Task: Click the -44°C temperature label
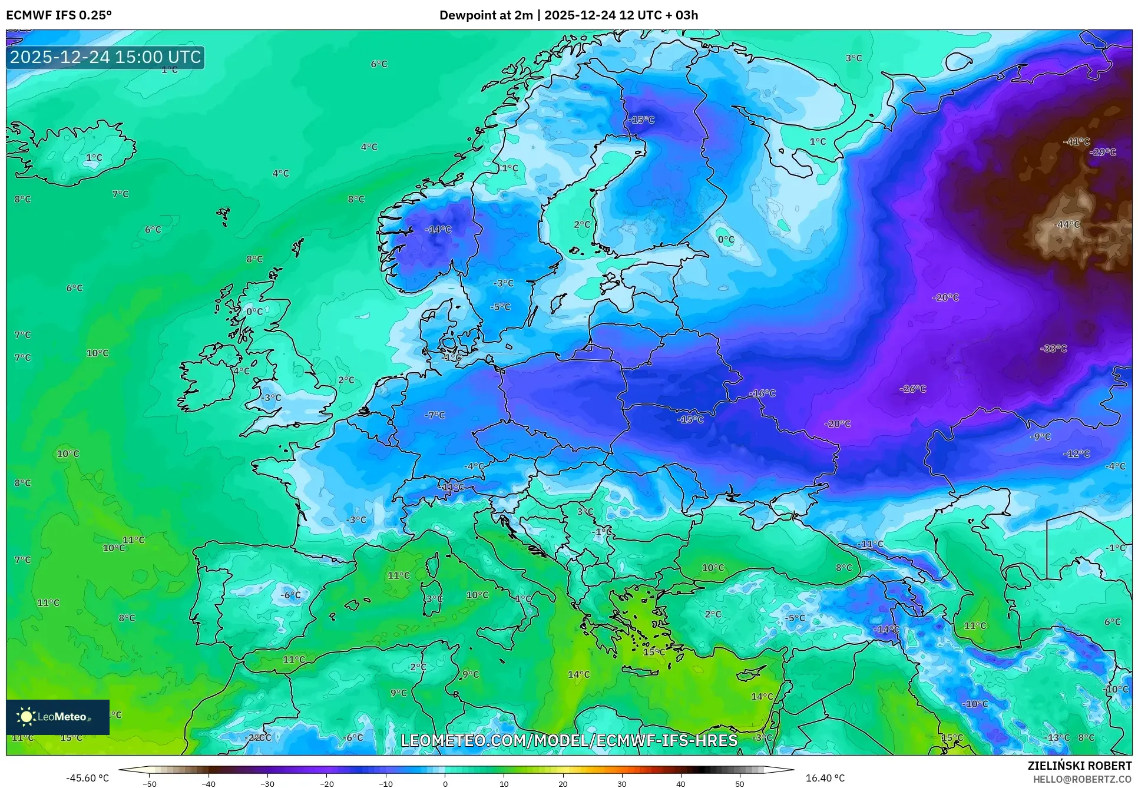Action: coord(1067,224)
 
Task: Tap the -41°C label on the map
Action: coord(1076,142)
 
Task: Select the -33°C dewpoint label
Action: coord(1054,349)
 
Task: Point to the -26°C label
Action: coord(913,389)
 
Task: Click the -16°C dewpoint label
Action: coord(762,393)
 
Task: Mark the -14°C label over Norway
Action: coord(438,230)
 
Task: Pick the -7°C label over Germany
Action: coord(435,415)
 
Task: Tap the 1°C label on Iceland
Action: coord(94,158)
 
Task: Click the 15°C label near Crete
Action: coord(654,652)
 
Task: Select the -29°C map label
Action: coord(1103,152)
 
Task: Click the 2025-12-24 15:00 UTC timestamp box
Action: coord(105,57)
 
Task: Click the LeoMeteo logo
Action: coord(57,717)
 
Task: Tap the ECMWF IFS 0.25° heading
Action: coord(59,15)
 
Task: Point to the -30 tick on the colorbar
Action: coord(267,784)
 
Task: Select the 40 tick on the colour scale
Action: coord(680,784)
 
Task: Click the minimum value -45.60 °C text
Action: coord(88,778)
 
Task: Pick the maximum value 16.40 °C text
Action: coord(825,778)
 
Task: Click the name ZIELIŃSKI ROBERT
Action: coord(1079,766)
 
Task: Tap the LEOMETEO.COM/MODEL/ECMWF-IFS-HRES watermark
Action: coord(569,740)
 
